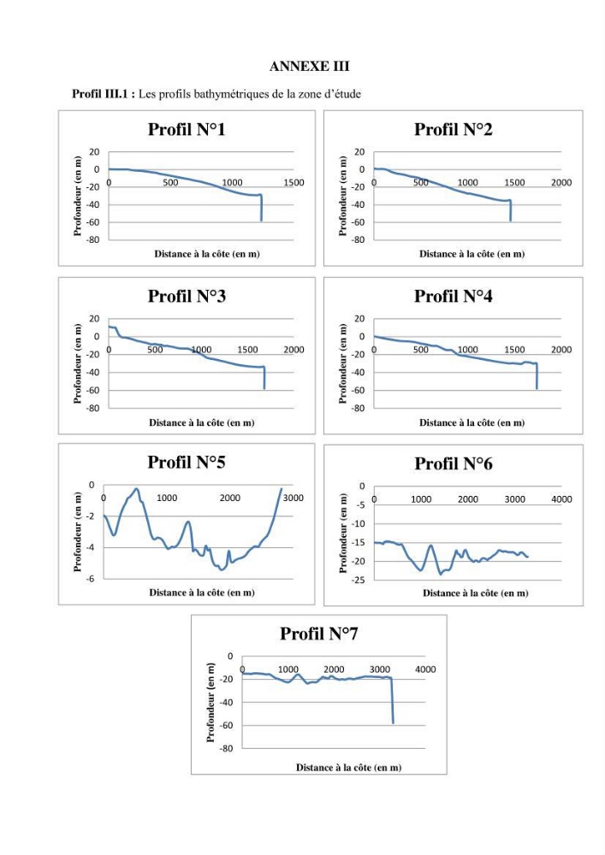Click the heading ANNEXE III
[309, 67]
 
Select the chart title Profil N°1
[187, 129]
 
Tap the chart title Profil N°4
[453, 296]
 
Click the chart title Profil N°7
[318, 634]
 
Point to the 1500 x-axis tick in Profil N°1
[294, 183]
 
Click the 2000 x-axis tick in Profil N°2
[561, 183]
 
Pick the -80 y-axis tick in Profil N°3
[94, 408]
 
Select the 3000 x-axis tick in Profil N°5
[293, 498]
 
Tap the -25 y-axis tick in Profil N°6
[359, 581]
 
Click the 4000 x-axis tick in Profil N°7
[425, 669]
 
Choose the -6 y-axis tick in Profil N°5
[91, 579]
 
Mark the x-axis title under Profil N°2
[472, 254]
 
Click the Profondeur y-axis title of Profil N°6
[342, 533]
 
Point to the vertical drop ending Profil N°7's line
[392, 701]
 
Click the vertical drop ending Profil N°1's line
[261, 208]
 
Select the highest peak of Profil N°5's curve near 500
[136, 489]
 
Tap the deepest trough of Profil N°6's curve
[440, 574]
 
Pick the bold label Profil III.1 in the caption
[100, 94]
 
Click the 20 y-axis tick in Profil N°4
[359, 319]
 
